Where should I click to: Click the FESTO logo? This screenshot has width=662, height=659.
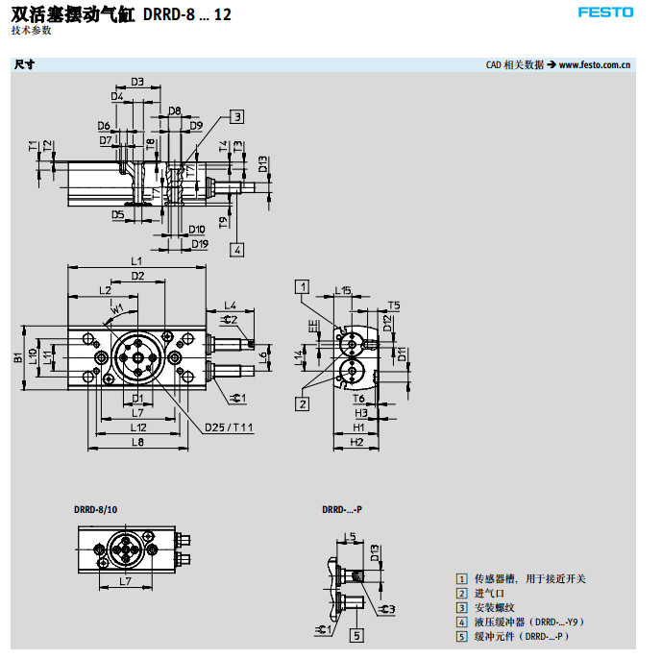(x=605, y=12)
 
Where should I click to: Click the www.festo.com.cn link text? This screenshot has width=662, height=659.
(x=594, y=65)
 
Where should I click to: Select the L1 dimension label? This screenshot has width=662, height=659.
(x=135, y=261)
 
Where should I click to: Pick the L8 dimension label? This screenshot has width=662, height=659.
(x=137, y=442)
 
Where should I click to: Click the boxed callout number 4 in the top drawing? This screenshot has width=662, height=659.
(x=236, y=249)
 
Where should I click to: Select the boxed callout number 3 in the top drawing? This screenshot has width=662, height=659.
(x=236, y=116)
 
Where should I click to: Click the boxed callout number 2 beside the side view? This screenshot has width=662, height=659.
(x=303, y=403)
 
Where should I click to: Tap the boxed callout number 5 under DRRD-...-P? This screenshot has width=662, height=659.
(x=356, y=635)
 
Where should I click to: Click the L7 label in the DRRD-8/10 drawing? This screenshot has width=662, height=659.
(x=125, y=581)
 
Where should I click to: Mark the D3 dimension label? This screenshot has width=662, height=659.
(x=137, y=82)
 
